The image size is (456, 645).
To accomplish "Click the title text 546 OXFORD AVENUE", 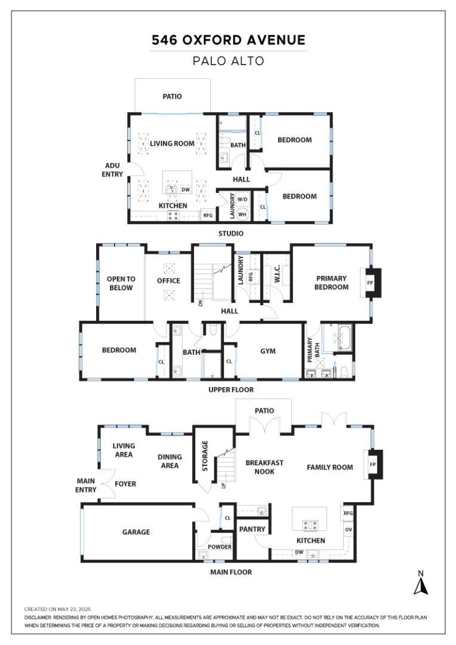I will click(228, 41).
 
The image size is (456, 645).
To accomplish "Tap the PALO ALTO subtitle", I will click(228, 61).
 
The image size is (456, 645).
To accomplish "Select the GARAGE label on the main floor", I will click(137, 532).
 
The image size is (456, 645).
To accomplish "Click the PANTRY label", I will click(252, 529).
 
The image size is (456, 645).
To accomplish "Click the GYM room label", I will click(268, 351).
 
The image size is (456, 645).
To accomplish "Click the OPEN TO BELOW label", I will click(121, 283).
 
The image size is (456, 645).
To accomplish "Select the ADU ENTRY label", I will click(113, 170).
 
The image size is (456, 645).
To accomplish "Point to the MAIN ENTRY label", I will click(86, 486).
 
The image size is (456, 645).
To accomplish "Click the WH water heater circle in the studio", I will click(243, 213).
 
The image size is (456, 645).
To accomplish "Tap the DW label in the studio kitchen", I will click(186, 190).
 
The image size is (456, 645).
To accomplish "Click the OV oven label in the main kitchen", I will click(348, 529).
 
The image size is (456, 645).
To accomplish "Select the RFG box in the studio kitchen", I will click(208, 216).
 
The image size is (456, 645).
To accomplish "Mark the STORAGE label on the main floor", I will click(205, 455).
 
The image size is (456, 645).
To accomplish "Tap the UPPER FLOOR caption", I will click(231, 389).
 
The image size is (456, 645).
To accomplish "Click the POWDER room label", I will click(219, 547).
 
